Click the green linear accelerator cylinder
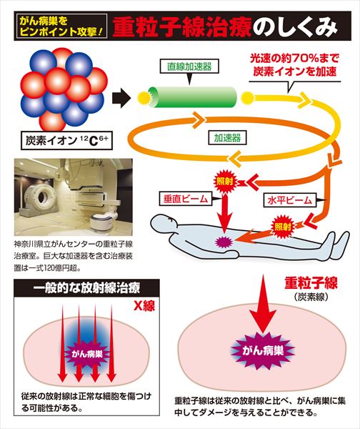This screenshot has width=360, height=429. pos(192,97)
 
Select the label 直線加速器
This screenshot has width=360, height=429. pos(189,66)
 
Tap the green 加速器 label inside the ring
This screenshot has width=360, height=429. pos(227,137)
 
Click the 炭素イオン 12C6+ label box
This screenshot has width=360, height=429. pos(66,140)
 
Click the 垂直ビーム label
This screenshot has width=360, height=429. pos(185,199)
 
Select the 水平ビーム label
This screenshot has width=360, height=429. pos(289,200)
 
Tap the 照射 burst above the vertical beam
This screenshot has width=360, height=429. pos(225,182)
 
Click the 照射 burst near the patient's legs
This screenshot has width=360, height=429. pos(282,227)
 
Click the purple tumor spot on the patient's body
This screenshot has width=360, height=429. pos(224,242)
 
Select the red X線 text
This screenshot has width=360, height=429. pos(144,305)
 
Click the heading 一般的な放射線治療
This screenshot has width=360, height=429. pos(86,288)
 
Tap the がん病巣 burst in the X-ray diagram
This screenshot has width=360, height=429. pos(87,354)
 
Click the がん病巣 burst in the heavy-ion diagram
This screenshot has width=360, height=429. pos(263,350)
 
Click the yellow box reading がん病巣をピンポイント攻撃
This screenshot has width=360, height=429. pos(61,26)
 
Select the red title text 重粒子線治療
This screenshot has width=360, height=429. pos(182,27)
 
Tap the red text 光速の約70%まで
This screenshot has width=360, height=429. pos(295,59)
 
